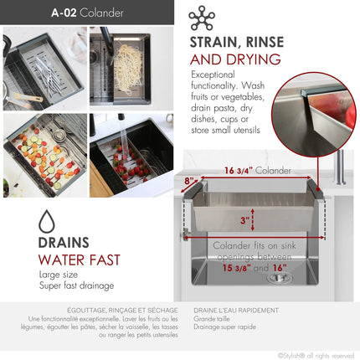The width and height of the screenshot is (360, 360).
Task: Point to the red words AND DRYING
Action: pos(235,59)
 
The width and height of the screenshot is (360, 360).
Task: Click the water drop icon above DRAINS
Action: pos(48,222)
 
